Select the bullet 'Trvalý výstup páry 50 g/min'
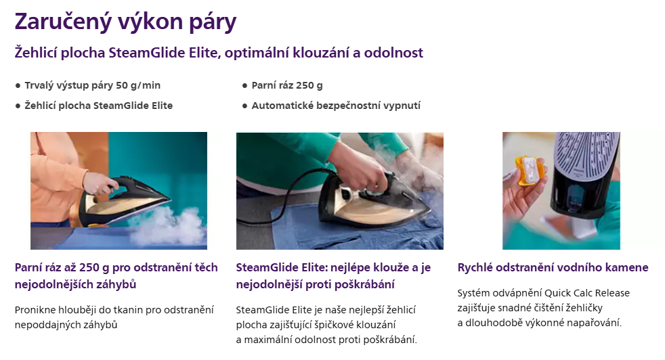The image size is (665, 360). click(93, 85)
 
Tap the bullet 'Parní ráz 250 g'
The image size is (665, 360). click(287, 85)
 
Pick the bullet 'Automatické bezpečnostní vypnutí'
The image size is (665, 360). click(336, 106)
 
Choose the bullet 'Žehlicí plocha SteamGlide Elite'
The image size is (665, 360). click(98, 106)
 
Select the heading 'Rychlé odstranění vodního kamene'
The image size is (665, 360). click(553, 267)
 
